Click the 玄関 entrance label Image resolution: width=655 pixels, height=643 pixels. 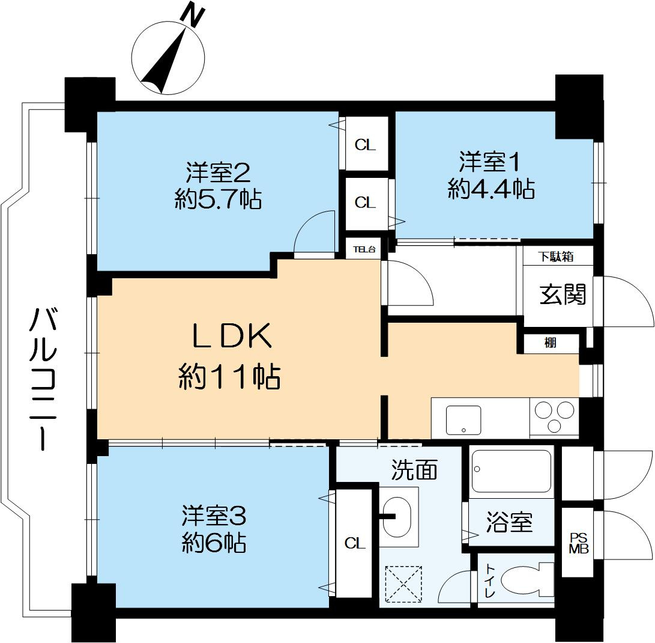[x=562, y=294]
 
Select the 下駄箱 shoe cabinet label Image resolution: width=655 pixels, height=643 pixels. [x=555, y=257]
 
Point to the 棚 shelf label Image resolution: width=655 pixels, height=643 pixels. [x=550, y=344]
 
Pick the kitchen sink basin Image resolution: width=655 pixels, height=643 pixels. [x=464, y=419]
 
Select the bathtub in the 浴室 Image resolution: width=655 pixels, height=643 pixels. [x=511, y=472]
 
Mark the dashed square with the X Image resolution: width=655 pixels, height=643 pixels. [x=403, y=584]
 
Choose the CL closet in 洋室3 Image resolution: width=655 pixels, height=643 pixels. [x=355, y=544]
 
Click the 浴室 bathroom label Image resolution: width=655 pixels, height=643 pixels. [x=509, y=523]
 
